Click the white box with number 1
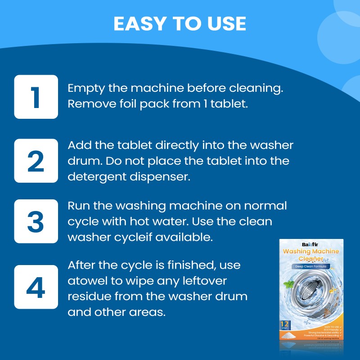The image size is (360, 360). click(36, 97)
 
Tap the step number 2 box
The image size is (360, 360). click(36, 161)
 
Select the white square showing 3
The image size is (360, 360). click(36, 221)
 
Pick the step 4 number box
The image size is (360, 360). click(36, 287)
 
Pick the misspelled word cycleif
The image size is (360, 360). click(131, 238)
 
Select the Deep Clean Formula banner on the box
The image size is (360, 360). click(310, 266)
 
